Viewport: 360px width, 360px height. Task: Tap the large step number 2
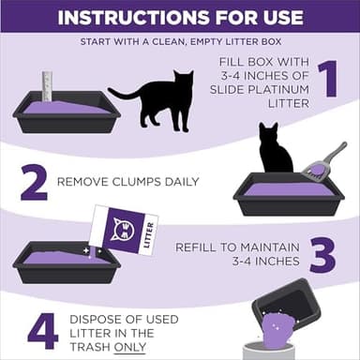[x=34, y=183]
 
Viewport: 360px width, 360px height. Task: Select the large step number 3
[x=322, y=254]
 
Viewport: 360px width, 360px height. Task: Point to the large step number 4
[x=42, y=331]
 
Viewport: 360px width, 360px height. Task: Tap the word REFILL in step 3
[x=197, y=247]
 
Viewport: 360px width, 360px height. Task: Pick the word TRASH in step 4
[x=94, y=346]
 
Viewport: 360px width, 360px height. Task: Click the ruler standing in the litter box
[x=47, y=86]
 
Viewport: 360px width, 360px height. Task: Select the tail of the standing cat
[x=122, y=94]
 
